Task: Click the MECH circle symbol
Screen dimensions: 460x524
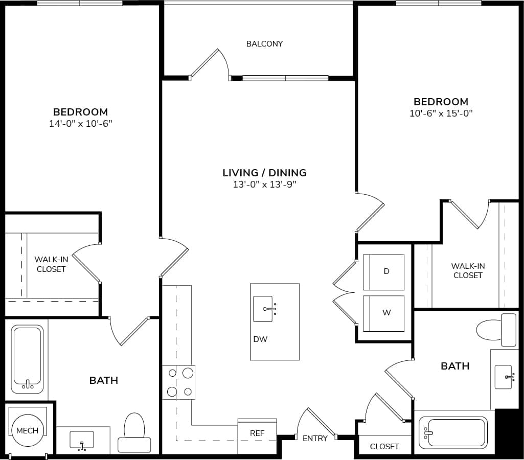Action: click(27, 430)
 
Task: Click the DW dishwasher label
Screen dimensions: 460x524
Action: click(260, 339)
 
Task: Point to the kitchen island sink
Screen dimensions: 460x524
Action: click(264, 309)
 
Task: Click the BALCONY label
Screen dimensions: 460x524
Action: click(264, 44)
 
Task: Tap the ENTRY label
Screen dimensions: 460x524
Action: click(315, 438)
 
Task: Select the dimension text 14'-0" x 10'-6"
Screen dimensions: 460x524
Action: click(81, 124)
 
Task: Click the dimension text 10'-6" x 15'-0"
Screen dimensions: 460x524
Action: click(441, 113)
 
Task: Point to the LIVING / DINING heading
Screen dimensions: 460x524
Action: click(264, 173)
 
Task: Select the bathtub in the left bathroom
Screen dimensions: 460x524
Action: click(27, 360)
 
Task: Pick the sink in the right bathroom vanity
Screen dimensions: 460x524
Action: click(504, 377)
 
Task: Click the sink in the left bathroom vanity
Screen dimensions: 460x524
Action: click(82, 440)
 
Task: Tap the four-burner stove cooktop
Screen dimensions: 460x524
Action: click(178, 382)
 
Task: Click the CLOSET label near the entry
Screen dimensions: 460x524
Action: click(384, 446)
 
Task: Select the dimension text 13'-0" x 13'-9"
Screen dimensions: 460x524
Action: click(264, 185)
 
